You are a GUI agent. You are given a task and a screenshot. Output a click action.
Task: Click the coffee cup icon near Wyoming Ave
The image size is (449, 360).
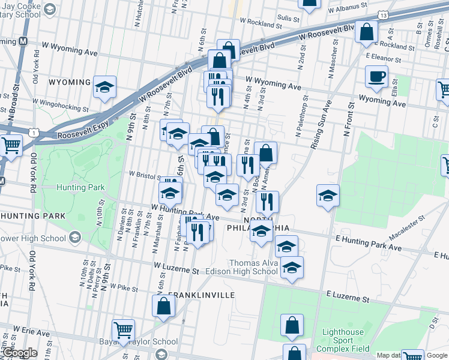click(376, 76)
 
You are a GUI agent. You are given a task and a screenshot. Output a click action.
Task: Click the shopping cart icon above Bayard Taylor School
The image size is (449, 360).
click(123, 329)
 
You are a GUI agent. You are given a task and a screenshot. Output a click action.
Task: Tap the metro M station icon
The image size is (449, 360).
click(23, 41)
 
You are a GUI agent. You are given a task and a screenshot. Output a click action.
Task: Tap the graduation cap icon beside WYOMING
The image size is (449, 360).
click(104, 88)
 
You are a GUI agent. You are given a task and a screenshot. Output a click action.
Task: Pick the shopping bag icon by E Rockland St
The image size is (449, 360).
click(366, 31)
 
